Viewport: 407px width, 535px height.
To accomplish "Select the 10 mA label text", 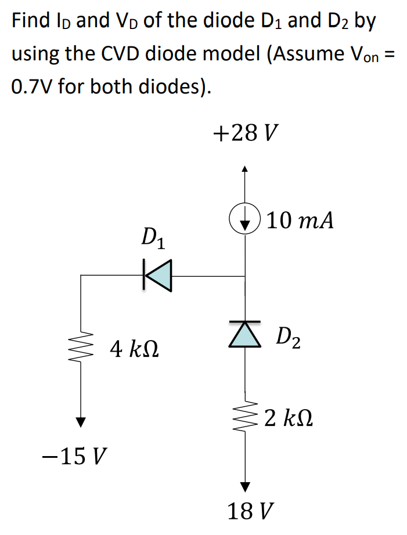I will point(300,221).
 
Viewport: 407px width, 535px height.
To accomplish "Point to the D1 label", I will point(153,238).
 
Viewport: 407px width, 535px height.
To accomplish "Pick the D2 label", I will point(288,337).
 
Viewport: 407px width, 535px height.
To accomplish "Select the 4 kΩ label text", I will point(134,350).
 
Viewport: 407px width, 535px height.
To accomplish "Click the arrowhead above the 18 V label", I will point(245,486).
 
